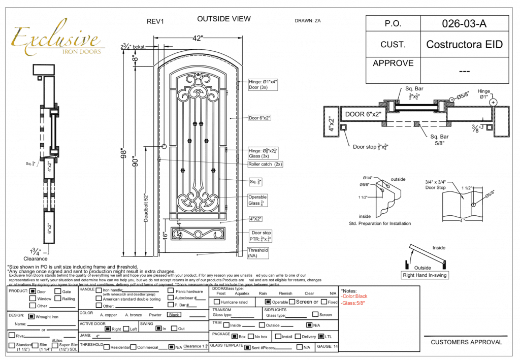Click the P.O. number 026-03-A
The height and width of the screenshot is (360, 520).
(x=464, y=23)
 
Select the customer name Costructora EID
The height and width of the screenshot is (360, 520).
(x=464, y=44)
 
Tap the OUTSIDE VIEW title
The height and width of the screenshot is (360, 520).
(x=223, y=19)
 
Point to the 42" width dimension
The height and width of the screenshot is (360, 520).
(x=198, y=38)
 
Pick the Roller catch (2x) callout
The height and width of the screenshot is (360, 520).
(x=265, y=164)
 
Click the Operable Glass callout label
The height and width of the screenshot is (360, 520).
(x=257, y=200)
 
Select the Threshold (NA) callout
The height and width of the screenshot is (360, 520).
(x=257, y=253)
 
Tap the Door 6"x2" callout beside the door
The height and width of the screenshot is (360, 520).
(x=259, y=118)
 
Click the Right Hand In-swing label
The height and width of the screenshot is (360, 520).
(x=425, y=275)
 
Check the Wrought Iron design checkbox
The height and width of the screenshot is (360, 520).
(x=31, y=316)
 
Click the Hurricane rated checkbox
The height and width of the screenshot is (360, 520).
(x=217, y=302)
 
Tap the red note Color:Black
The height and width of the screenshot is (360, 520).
(x=354, y=296)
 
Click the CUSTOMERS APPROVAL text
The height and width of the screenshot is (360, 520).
(x=466, y=342)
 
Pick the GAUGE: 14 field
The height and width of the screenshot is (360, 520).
(x=327, y=347)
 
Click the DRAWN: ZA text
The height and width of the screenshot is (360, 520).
(x=307, y=21)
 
